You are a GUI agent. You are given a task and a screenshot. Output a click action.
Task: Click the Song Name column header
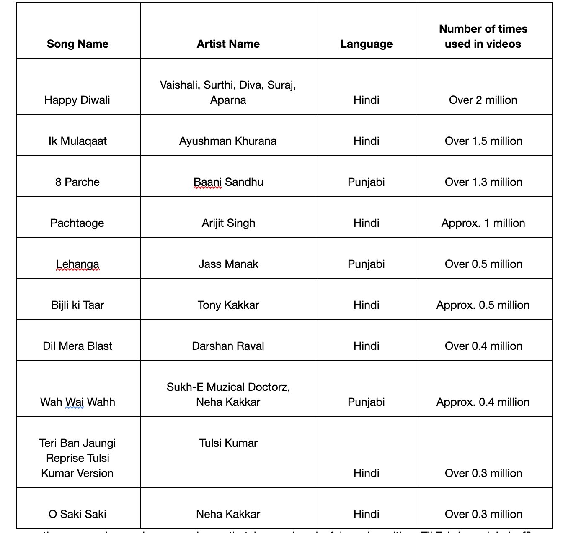coord(77,44)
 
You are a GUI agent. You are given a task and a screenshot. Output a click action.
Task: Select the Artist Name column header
coord(228,44)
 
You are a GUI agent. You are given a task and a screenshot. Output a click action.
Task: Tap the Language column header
coord(366,44)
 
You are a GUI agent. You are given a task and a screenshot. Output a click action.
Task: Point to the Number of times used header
coord(483,36)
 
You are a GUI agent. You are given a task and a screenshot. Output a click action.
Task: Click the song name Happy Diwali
coord(77,100)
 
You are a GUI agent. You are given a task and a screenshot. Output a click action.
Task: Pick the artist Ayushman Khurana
coord(228,141)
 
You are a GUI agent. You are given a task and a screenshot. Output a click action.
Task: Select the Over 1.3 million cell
coord(483,182)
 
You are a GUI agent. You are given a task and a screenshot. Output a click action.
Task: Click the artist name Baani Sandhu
coord(228,182)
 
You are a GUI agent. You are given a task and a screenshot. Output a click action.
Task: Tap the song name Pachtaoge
coord(77,223)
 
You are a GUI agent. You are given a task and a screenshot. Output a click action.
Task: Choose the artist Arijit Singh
coord(228,223)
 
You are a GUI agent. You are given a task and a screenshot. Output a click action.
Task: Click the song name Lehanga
coord(77,264)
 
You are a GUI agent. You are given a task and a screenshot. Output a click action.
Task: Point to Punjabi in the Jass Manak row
coord(366,264)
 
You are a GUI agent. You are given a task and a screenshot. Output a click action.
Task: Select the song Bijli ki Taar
coord(77,305)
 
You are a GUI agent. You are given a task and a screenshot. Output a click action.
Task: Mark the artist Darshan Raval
coord(228,346)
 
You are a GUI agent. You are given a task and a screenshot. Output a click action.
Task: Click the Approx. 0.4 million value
coord(483,402)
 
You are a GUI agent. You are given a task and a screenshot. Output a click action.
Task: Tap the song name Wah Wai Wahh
coord(77,402)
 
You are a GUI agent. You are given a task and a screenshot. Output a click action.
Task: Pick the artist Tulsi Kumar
coord(228,443)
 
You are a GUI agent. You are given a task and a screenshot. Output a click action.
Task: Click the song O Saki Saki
coord(77,514)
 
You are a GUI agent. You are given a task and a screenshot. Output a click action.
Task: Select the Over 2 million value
coord(483,100)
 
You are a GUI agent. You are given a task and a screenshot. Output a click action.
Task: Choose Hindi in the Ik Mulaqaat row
coord(366,141)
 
